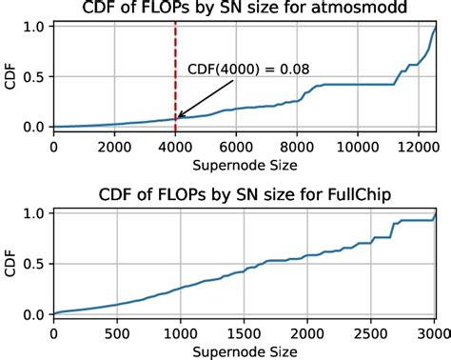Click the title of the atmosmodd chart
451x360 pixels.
244,10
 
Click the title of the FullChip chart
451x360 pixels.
244,196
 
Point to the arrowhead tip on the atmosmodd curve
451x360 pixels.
177,118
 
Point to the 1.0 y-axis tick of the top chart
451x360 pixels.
35,26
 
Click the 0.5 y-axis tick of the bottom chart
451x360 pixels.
35,263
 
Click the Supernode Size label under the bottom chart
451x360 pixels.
244,350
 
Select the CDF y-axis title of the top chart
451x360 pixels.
10,76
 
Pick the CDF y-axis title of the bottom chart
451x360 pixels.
10,264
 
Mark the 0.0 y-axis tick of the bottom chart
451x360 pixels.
35,313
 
